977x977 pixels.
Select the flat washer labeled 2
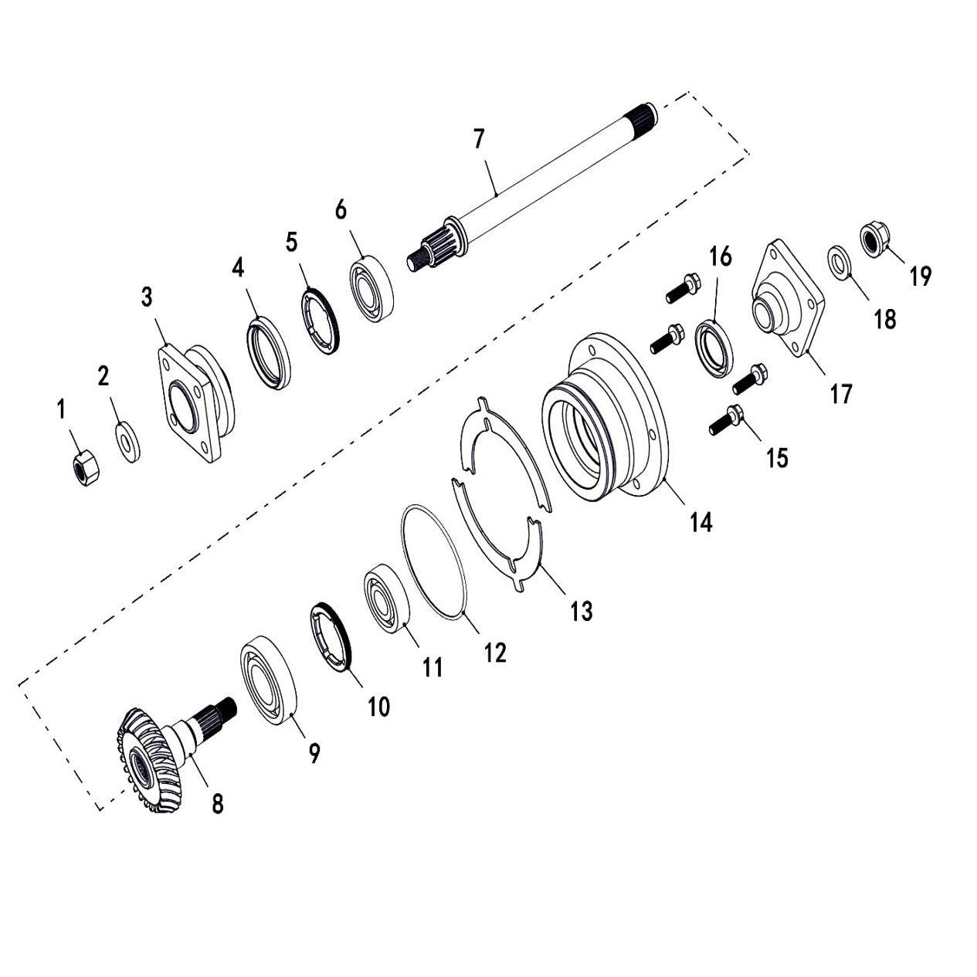(x=128, y=442)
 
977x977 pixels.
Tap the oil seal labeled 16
(x=714, y=351)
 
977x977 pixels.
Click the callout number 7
(x=479, y=140)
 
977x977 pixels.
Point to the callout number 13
(x=581, y=611)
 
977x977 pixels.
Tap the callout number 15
(x=777, y=457)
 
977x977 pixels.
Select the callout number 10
(x=378, y=706)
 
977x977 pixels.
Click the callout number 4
(x=238, y=268)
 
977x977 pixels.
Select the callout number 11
(x=433, y=667)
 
